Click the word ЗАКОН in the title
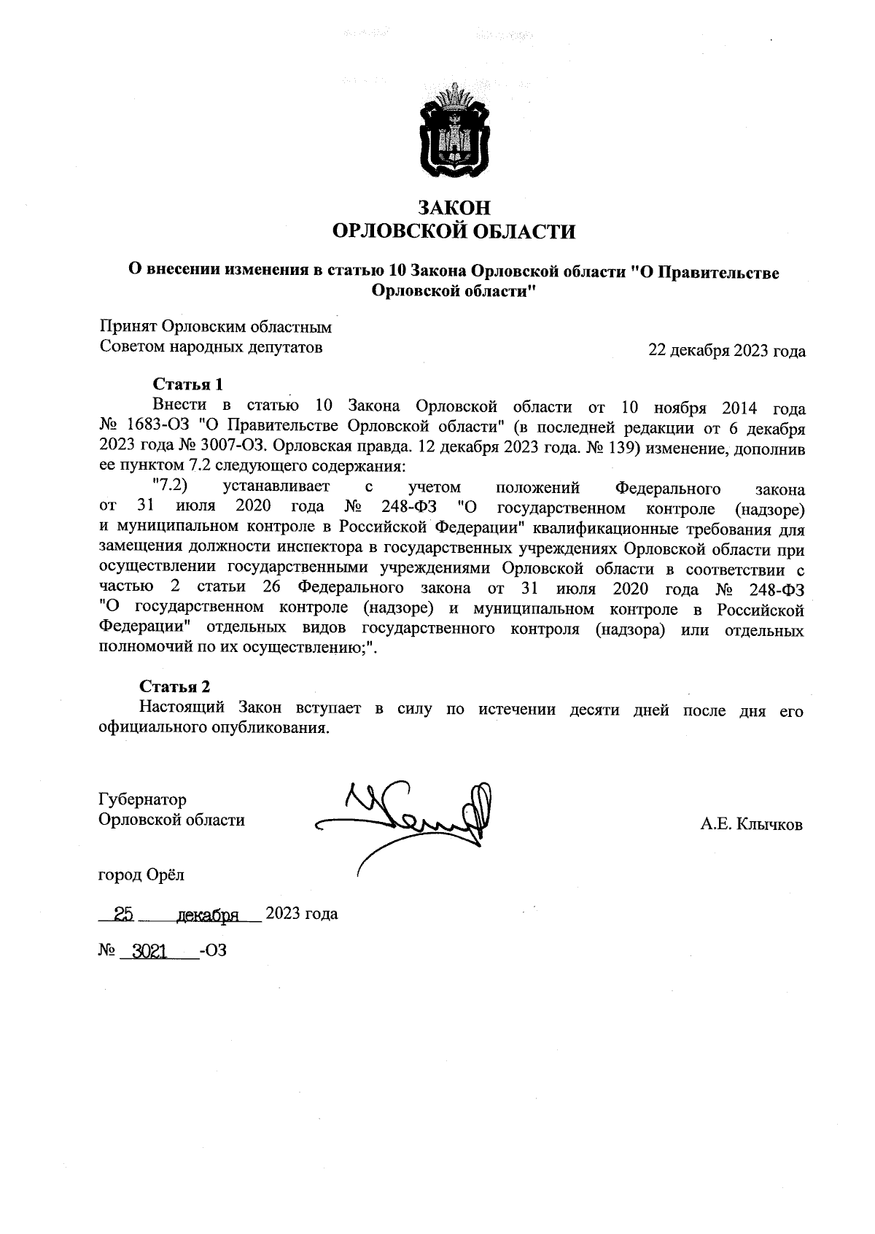(453, 208)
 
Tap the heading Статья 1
(187, 384)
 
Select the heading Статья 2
(175, 686)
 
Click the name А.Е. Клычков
(751, 825)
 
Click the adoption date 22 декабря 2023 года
(726, 352)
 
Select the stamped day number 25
(122, 914)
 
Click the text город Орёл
(141, 874)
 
